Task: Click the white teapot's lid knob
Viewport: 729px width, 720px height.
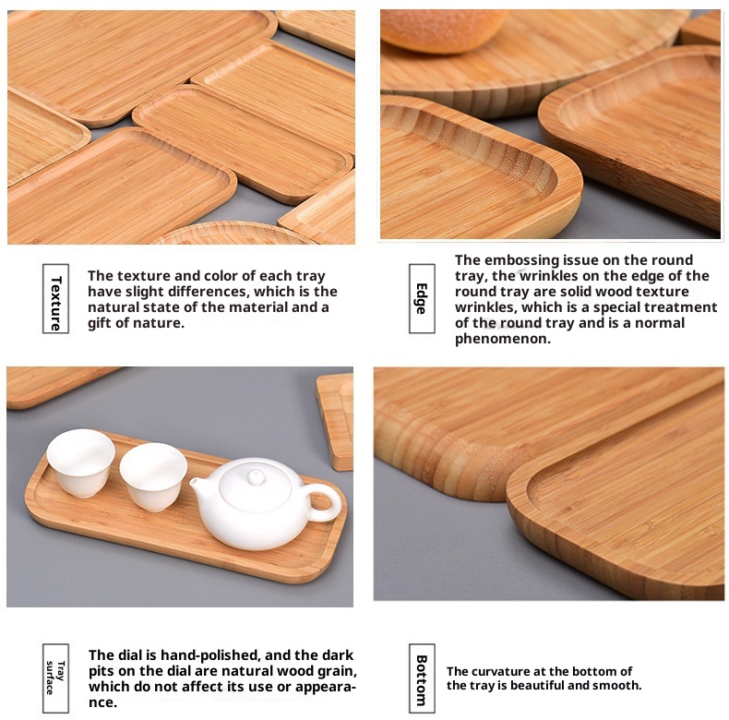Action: point(256,476)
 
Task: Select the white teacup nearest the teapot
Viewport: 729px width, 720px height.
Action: point(153,476)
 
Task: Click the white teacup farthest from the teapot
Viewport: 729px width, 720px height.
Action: point(81,462)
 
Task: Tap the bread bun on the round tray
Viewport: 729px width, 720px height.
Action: point(443,30)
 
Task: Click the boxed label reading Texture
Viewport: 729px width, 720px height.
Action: point(55,298)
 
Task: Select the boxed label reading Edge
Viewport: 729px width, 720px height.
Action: point(422,298)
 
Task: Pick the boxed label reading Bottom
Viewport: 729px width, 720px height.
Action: point(422,678)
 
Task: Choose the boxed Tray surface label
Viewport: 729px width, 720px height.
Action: point(55,678)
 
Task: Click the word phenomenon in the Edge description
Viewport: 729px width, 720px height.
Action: point(503,339)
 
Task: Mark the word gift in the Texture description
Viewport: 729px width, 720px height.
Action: point(100,323)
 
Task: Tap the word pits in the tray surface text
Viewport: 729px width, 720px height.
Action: point(102,671)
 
